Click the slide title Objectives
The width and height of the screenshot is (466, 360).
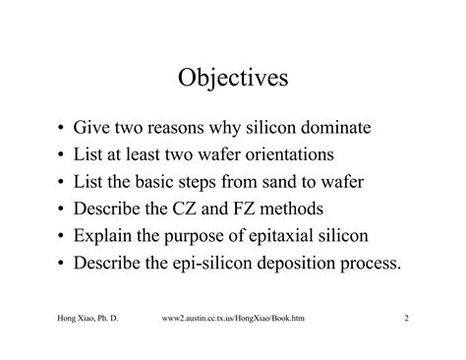(233, 76)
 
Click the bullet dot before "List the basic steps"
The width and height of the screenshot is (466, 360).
(63, 182)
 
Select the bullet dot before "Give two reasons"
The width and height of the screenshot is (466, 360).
(63, 129)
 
